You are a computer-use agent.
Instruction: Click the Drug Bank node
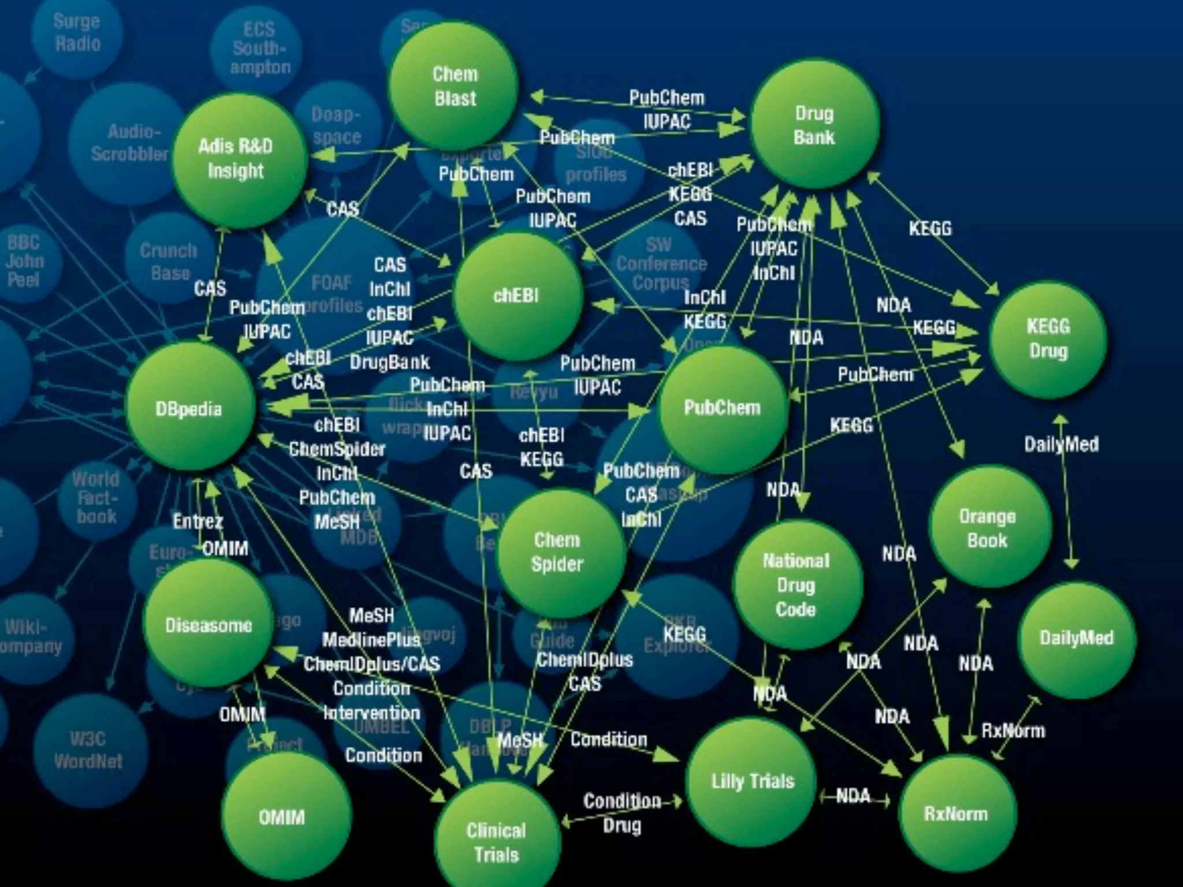coord(814,125)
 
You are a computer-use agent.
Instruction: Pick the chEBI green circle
coord(516,296)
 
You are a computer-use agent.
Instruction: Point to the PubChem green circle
coord(722,408)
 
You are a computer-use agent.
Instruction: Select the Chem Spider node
coord(558,552)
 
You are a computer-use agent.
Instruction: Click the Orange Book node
coord(988,528)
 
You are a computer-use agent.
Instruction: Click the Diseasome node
coord(208,625)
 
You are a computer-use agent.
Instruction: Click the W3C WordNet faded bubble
coord(88,750)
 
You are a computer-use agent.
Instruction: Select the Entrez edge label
coord(198,521)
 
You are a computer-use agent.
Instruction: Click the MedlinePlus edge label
coord(371,640)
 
